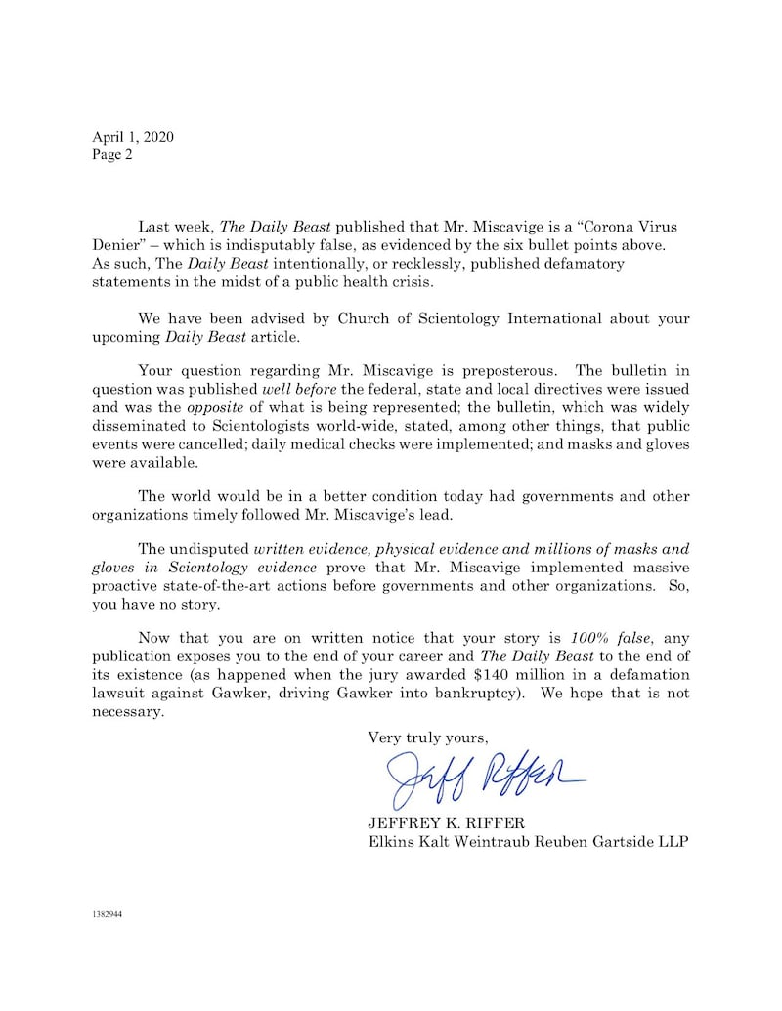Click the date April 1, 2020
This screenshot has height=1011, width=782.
tap(132, 137)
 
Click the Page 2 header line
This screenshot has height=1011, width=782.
tap(112, 154)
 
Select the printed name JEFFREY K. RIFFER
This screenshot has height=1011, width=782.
tap(448, 822)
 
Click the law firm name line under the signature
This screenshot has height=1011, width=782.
tap(527, 842)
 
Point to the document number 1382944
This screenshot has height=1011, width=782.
tap(108, 915)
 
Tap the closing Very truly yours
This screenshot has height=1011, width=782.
tap(427, 737)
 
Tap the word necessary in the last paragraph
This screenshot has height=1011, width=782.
tap(128, 712)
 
